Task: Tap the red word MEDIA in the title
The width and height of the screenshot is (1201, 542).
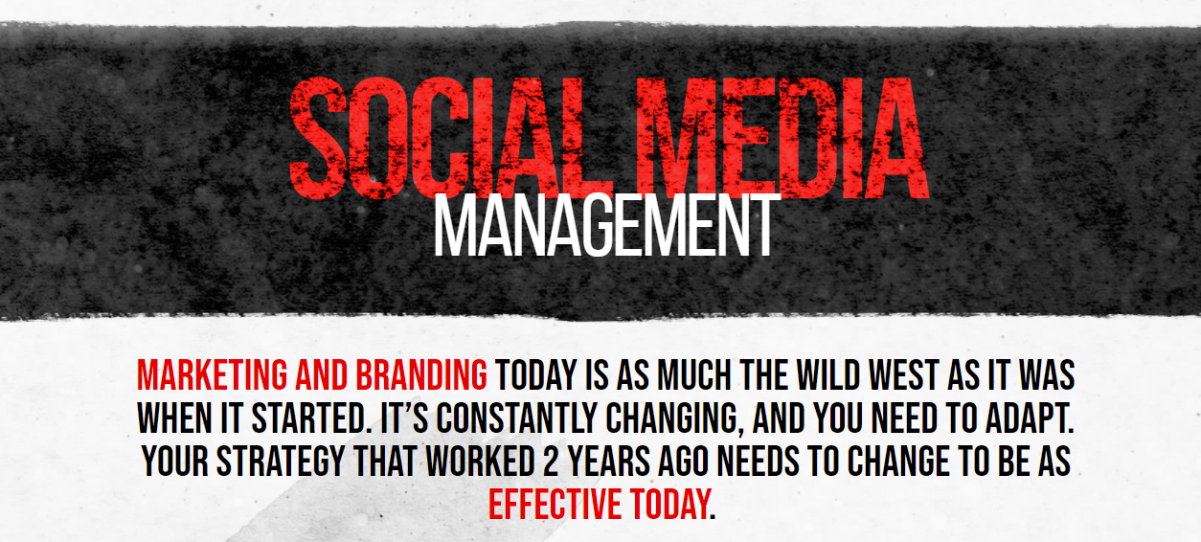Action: coord(782,138)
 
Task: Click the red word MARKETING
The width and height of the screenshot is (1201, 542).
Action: coord(213,374)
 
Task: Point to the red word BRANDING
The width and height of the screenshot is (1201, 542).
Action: coord(422,374)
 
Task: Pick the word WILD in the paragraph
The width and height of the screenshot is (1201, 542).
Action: coord(828,374)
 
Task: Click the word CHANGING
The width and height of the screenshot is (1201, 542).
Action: coord(674,419)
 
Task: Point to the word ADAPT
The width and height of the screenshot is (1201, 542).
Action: coord(1030,418)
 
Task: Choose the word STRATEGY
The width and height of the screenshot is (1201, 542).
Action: coord(281,461)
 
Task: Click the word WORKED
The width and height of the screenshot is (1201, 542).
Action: coord(481,461)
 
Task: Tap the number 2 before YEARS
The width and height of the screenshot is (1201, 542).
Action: coord(551,461)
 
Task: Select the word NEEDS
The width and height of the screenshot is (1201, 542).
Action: coord(759,461)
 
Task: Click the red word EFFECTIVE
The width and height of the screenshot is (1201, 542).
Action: coord(555,504)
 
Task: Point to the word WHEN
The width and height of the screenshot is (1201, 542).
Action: coord(174,418)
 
